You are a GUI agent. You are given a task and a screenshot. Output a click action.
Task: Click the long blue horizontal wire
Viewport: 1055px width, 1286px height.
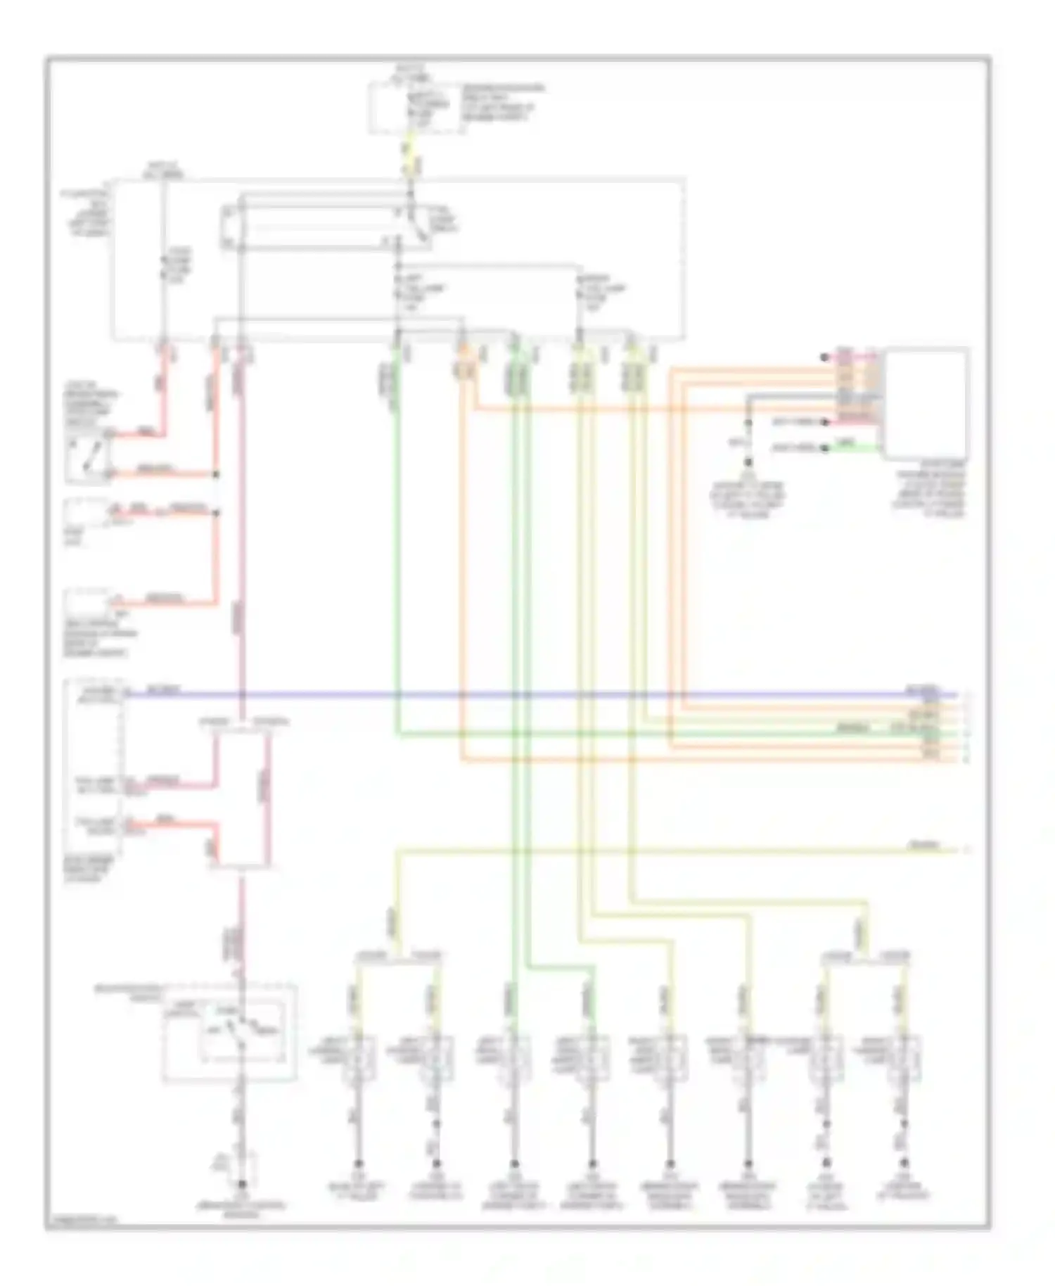pyautogui.click(x=535, y=695)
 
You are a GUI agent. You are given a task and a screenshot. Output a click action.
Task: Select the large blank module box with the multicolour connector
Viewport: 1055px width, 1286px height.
pyautogui.click(x=926, y=403)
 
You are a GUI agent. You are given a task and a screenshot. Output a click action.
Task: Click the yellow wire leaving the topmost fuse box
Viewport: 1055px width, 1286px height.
pyautogui.click(x=411, y=151)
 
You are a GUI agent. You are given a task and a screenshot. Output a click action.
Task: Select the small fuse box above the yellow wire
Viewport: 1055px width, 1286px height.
pyautogui.click(x=415, y=108)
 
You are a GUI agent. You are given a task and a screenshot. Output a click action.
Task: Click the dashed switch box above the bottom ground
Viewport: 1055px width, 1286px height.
pyautogui.click(x=229, y=1032)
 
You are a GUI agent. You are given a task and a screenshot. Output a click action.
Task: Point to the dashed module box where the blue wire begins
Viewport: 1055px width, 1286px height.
pyautogui.click(x=94, y=767)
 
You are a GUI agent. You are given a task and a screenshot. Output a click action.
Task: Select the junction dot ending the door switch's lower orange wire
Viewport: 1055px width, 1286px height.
pyautogui.click(x=216, y=475)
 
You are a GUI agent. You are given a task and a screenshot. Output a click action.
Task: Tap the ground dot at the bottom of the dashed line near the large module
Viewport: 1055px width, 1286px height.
pyautogui.click(x=748, y=462)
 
